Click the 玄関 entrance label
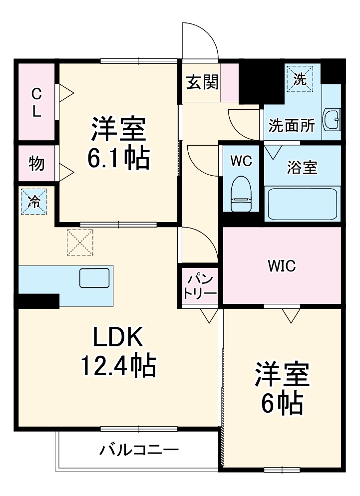203,82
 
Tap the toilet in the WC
241,195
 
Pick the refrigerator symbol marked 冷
34,201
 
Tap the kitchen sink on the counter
94,277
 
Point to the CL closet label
36,102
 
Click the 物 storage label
36,163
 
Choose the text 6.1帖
118,158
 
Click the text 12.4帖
118,367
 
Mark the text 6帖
283,404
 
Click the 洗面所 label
292,126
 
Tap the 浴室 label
302,168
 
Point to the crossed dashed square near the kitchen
80,242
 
